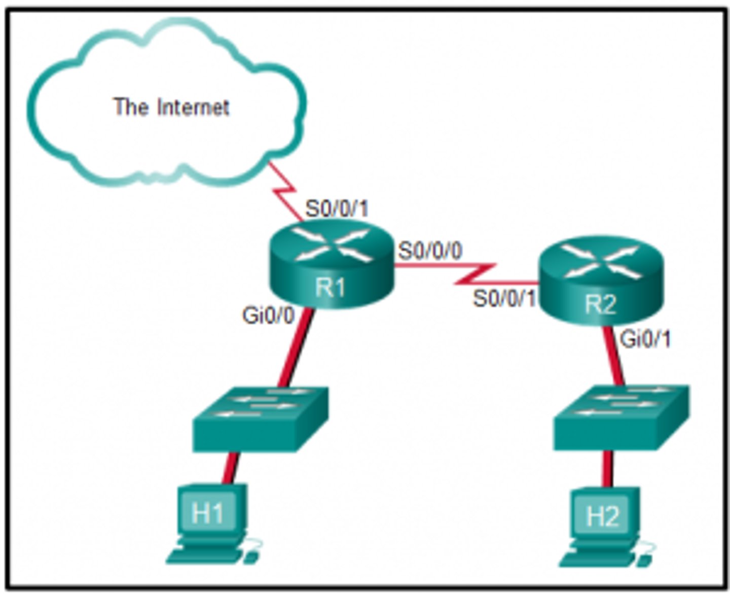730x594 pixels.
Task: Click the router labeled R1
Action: [332, 265]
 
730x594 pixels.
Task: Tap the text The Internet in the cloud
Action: [171, 107]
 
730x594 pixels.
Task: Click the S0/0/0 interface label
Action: [430, 251]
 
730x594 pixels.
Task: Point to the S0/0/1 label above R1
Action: [337, 208]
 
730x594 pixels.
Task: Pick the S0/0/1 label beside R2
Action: [504, 298]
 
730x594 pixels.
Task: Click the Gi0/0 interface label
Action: [268, 316]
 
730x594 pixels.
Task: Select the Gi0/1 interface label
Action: [645, 339]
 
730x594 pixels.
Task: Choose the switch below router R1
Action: [261, 420]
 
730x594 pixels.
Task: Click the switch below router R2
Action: [621, 417]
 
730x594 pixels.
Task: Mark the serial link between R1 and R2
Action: [474, 274]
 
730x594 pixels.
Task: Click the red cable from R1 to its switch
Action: [296, 348]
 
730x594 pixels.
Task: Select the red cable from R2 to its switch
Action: [614, 355]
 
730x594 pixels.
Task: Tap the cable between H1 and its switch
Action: [230, 469]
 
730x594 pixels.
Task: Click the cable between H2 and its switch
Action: [608, 469]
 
